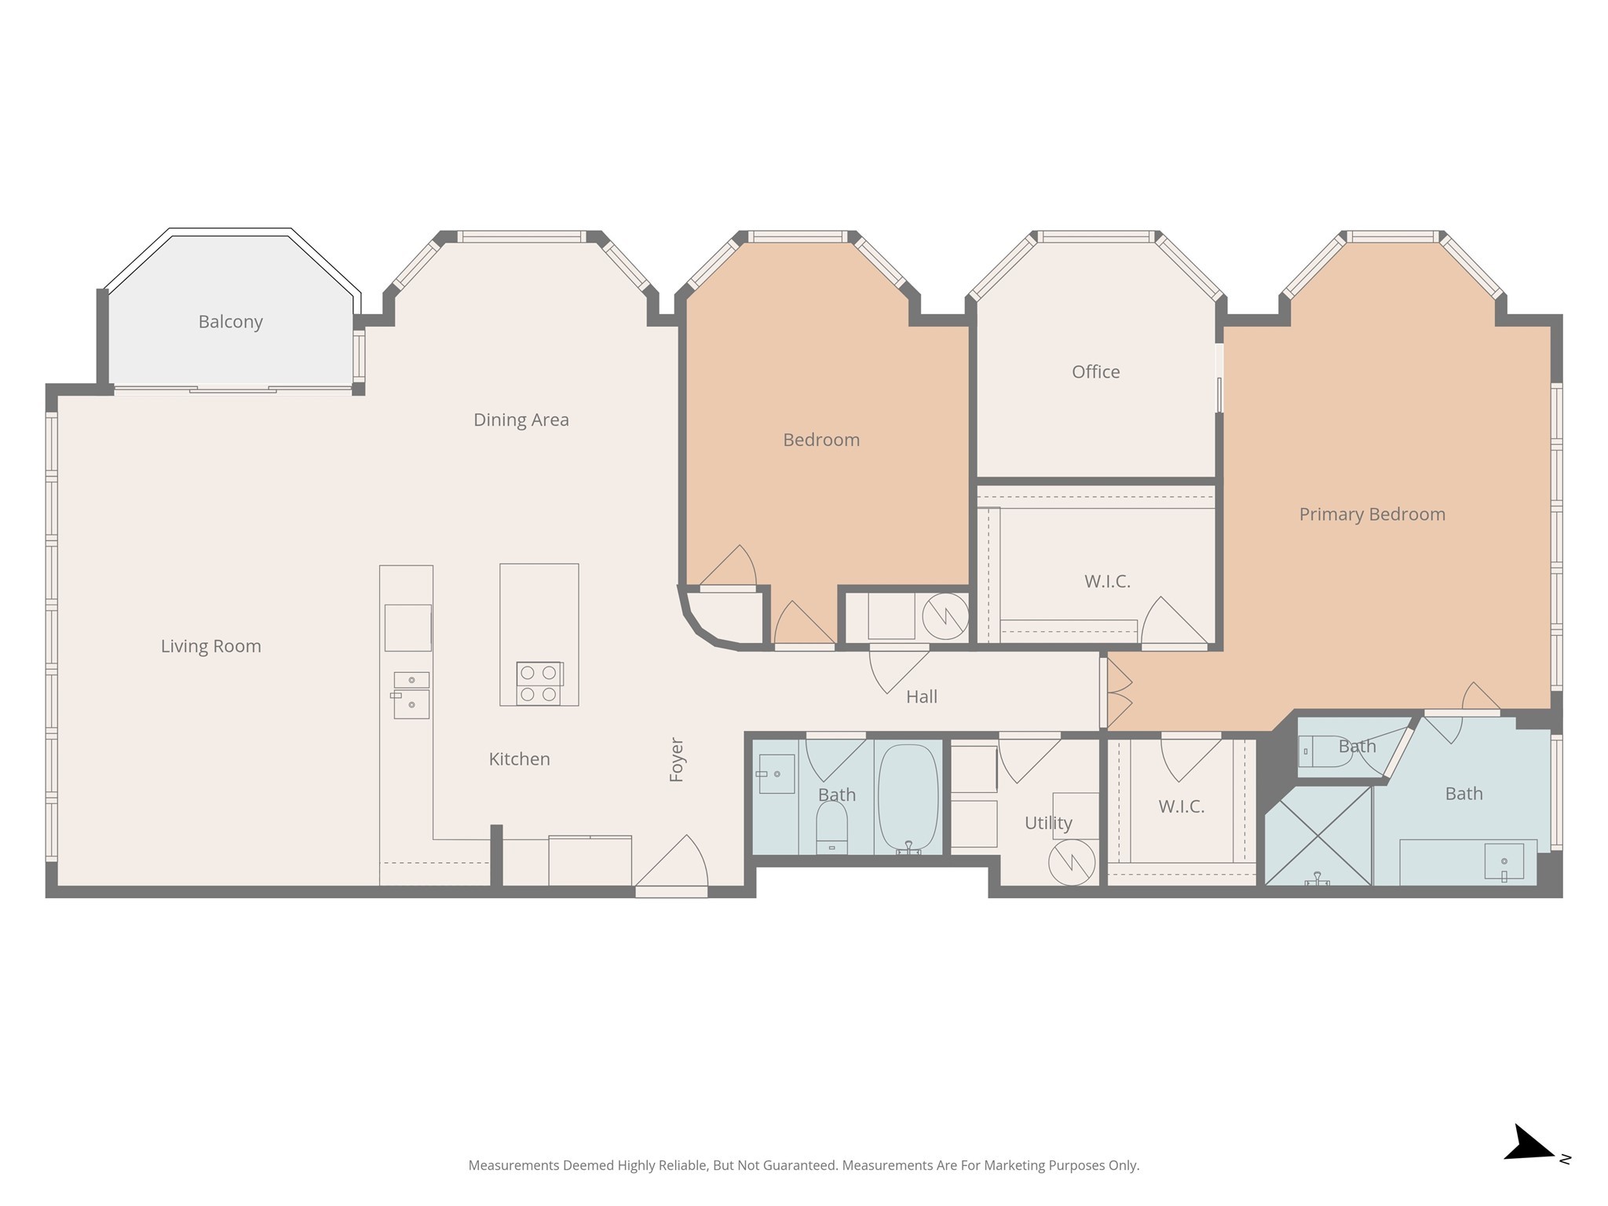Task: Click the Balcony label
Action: coord(230,322)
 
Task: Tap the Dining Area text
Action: coord(521,420)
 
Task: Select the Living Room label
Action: coord(210,646)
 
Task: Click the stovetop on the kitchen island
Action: coord(539,683)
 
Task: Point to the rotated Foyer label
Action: coord(676,759)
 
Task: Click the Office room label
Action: coord(1095,372)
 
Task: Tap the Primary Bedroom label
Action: coord(1372,514)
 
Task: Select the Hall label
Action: coord(921,696)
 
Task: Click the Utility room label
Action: coord(1047,823)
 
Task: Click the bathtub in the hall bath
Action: coord(908,797)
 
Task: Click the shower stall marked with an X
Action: coord(1317,835)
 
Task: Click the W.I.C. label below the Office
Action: coord(1107,582)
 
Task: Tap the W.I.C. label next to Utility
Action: coord(1181,806)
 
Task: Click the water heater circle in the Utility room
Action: coord(1072,862)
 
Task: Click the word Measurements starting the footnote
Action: coord(513,1165)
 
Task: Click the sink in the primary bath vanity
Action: coord(1504,862)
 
